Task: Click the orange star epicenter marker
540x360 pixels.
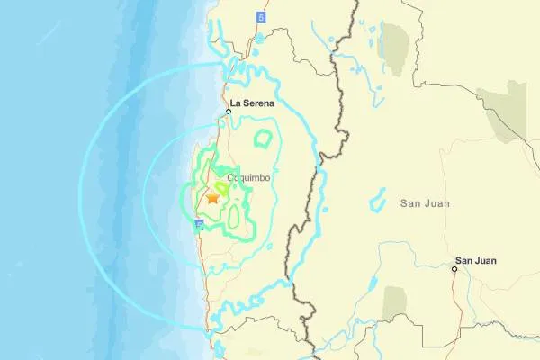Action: (x=213, y=197)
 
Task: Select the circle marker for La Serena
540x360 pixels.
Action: (x=229, y=112)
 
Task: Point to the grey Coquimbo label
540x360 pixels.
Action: (x=247, y=178)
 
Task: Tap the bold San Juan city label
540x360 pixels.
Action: (x=476, y=260)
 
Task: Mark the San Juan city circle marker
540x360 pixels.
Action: (x=455, y=267)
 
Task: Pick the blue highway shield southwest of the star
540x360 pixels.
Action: (x=198, y=230)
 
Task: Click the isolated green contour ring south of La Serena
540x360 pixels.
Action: (x=263, y=139)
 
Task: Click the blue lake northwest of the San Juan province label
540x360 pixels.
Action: (x=378, y=199)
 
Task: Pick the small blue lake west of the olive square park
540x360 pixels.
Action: (x=370, y=283)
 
